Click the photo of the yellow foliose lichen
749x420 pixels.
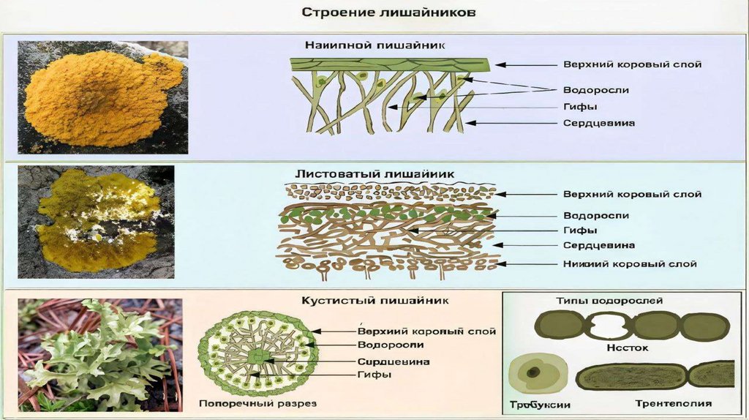pyautogui.click(x=97, y=221)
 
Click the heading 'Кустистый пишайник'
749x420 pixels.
pyautogui.click(x=375, y=300)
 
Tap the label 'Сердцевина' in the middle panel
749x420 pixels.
pyautogui.click(x=598, y=245)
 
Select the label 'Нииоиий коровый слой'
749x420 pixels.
pyautogui.click(x=630, y=263)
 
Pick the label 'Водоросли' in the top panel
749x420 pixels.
pyautogui.click(x=595, y=90)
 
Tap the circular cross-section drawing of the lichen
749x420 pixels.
pyautogui.click(x=258, y=355)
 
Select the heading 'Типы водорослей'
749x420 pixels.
pyautogui.click(x=609, y=301)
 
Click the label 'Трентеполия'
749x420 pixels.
pyautogui.click(x=674, y=403)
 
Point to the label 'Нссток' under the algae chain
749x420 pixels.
pyautogui.click(x=624, y=348)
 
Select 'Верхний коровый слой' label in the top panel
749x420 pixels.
pyautogui.click(x=632, y=64)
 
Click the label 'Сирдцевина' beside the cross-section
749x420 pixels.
pyautogui.click(x=393, y=361)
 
